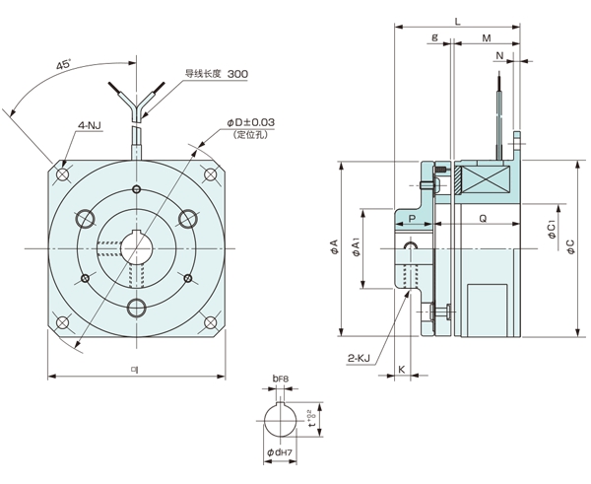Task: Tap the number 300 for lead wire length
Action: [237, 74]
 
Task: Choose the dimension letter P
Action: [412, 217]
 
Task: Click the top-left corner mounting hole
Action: [64, 174]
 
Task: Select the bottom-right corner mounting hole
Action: [211, 322]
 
